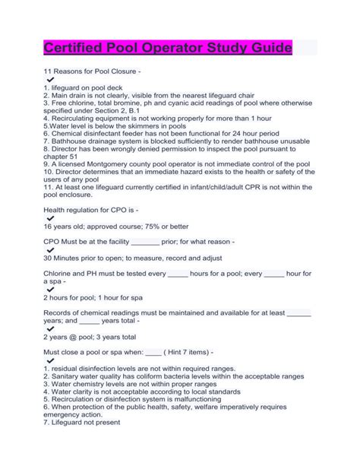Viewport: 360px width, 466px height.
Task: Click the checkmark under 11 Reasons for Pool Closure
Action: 50,79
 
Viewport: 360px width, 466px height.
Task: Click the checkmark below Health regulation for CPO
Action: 50,218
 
